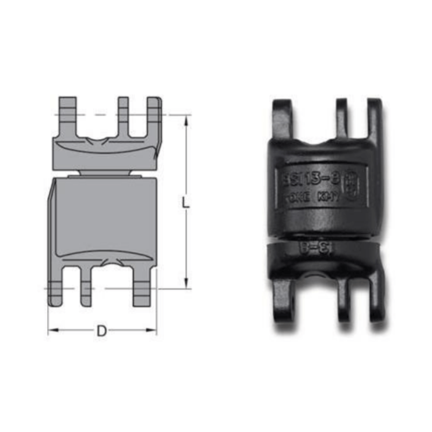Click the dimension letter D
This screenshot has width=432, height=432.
coord(102,331)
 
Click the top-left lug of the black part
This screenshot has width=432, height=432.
coord(283,118)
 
